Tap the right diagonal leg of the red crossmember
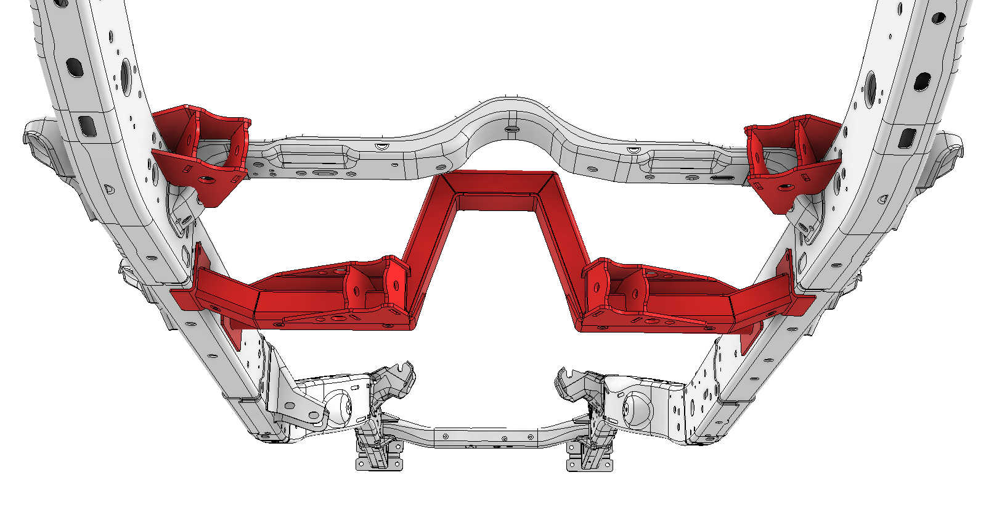click(564, 247)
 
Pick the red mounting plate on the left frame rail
click(185, 299)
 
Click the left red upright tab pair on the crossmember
click(376, 287)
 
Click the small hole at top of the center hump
click(511, 129)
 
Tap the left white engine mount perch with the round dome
click(336, 407)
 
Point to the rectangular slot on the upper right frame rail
click(906, 138)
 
